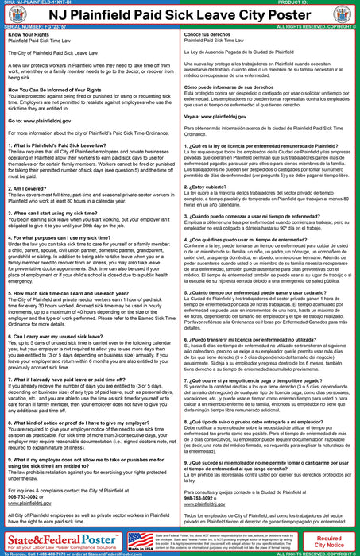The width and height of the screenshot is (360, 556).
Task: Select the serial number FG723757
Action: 47,37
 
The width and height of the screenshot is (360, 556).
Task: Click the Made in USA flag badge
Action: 141,540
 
